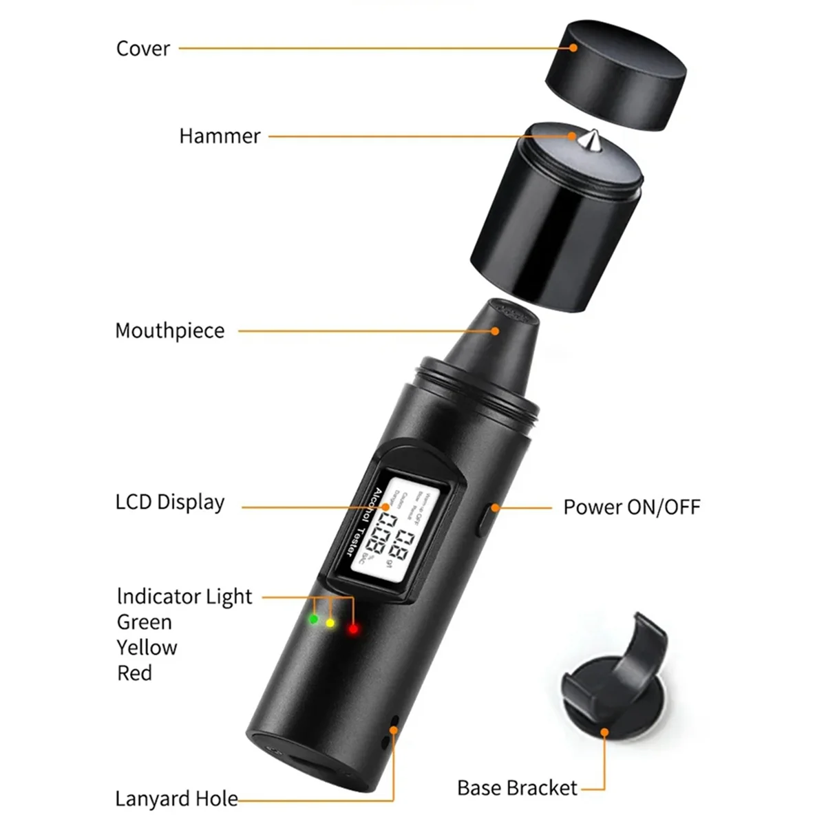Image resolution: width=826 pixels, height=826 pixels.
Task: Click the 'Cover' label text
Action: (x=142, y=49)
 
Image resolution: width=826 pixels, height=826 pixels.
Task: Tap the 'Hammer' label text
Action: (x=220, y=136)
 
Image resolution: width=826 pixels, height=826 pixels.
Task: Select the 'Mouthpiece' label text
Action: (x=169, y=330)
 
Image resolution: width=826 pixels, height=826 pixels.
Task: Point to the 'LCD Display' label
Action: (x=169, y=502)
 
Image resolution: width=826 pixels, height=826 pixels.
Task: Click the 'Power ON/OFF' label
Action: (x=631, y=507)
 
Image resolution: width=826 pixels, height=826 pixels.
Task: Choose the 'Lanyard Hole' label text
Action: (x=176, y=798)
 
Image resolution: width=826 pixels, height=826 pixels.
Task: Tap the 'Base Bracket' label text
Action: (x=517, y=787)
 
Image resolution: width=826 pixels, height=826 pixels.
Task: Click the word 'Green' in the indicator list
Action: (x=145, y=622)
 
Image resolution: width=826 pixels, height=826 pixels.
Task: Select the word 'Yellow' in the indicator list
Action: (x=147, y=648)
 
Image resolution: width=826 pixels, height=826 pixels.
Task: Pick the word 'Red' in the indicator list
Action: (x=134, y=673)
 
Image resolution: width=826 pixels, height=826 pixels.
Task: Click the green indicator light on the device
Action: (x=314, y=619)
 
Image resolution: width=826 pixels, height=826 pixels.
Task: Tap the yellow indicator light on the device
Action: (x=330, y=623)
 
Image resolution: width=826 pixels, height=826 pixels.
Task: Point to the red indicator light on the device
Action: (x=353, y=628)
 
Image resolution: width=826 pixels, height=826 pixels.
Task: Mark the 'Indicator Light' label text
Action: (x=184, y=596)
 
